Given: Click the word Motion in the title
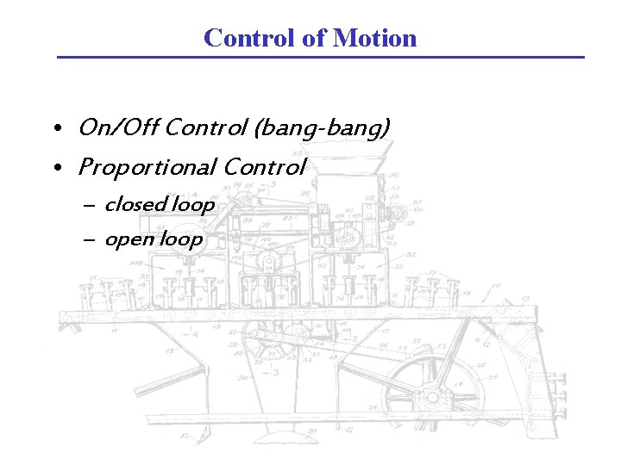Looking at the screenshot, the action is coord(374,38).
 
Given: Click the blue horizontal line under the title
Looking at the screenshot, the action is coord(320,58).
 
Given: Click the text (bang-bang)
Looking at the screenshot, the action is coord(322,128).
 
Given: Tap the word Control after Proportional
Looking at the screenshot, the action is coord(264,167).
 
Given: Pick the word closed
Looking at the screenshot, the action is coord(135,205).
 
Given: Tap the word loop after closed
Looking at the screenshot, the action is coord(193,205).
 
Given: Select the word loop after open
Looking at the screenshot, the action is coord(180,239).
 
